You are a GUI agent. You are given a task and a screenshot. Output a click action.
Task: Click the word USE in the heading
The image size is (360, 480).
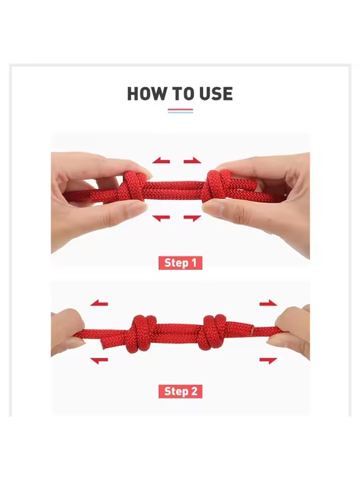[x=216, y=94]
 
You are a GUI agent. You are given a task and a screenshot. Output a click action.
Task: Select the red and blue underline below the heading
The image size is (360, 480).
[x=180, y=111]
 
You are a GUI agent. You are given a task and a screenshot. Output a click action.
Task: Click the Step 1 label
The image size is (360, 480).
[x=180, y=263]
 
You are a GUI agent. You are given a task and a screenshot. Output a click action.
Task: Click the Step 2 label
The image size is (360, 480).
[x=180, y=391]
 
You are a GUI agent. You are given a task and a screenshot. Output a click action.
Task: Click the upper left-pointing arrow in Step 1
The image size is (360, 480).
[x=161, y=161]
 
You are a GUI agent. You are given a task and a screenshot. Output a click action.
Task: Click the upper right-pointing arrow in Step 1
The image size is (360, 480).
[x=192, y=161]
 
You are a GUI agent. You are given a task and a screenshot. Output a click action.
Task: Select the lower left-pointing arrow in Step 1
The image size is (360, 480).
[x=161, y=218]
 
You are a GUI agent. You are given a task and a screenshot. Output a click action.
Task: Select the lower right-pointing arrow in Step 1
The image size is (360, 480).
[x=192, y=218]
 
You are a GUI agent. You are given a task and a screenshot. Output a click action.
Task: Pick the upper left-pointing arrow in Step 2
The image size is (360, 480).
[x=99, y=303]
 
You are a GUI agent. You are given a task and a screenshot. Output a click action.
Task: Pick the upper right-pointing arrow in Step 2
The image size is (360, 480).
[x=268, y=303]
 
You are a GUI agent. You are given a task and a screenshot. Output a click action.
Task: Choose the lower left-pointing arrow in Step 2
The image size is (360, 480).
[x=99, y=360]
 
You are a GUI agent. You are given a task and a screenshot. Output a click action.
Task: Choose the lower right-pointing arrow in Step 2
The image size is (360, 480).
[x=268, y=360]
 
